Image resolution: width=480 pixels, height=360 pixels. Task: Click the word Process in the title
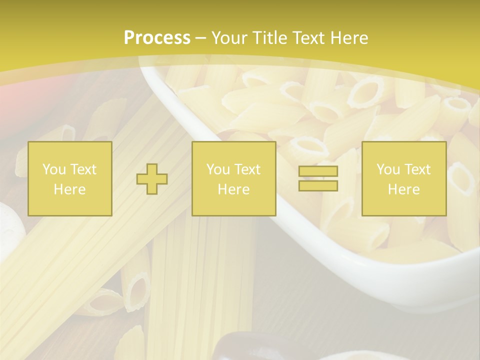[157, 38]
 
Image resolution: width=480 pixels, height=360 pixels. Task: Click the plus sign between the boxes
[152, 178]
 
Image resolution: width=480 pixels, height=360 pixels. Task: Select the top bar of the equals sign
[318, 171]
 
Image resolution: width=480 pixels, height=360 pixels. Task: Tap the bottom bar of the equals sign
[318, 185]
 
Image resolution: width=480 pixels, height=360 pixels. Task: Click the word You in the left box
[53, 169]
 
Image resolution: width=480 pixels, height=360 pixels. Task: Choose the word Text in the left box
[82, 169]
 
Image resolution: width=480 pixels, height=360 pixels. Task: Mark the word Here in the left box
[69, 189]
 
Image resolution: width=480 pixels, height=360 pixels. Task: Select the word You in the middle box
[217, 169]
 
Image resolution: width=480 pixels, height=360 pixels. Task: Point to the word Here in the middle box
[233, 189]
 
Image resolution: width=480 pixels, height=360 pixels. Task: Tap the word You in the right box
[387, 169]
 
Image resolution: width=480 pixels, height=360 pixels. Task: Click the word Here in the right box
[403, 189]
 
